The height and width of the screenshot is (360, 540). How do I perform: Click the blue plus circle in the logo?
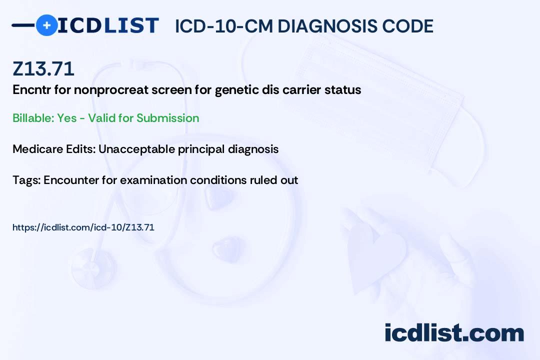click(x=46, y=25)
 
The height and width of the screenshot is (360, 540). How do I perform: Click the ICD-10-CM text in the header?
click(x=223, y=26)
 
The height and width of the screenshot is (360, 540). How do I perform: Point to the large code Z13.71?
click(x=43, y=68)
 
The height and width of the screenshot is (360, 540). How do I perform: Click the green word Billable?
click(x=33, y=118)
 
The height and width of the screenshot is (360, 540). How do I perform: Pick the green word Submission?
click(x=167, y=118)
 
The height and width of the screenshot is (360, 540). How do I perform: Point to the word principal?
click(x=201, y=149)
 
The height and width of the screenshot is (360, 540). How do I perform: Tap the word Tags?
click(x=26, y=180)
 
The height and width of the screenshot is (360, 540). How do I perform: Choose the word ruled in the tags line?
click(x=263, y=180)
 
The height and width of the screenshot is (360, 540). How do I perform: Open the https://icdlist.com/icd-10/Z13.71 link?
click(x=83, y=227)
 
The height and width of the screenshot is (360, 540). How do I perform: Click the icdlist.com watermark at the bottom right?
click(x=454, y=333)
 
